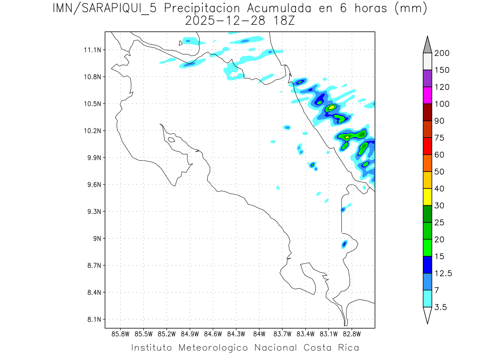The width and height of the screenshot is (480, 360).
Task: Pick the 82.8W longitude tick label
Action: (x=352, y=334)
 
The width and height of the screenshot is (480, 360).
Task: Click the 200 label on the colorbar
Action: (x=442, y=53)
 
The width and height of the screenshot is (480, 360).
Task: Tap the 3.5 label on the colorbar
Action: (x=441, y=307)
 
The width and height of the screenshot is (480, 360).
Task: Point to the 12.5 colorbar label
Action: (x=443, y=273)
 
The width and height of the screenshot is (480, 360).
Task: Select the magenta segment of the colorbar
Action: (x=427, y=95)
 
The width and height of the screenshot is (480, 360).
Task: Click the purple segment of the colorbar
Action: (x=427, y=78)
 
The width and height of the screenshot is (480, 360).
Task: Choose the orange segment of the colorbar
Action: (x=427, y=163)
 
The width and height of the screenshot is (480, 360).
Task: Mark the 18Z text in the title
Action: (x=282, y=20)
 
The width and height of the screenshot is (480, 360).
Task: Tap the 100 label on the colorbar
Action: (x=442, y=104)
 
